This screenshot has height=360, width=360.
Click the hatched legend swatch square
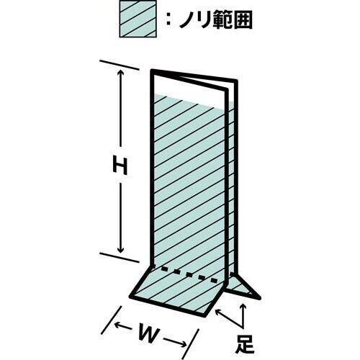click(138, 19)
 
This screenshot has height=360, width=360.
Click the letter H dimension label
click(120, 164)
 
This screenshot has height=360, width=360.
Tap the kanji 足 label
click(245, 344)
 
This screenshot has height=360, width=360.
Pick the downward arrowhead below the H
click(120, 251)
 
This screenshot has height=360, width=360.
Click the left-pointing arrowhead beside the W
click(118, 325)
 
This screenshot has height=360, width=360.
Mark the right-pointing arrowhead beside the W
click(184, 343)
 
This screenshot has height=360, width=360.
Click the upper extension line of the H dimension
click(120, 66)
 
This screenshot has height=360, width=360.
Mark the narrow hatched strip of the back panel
click(231, 187)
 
